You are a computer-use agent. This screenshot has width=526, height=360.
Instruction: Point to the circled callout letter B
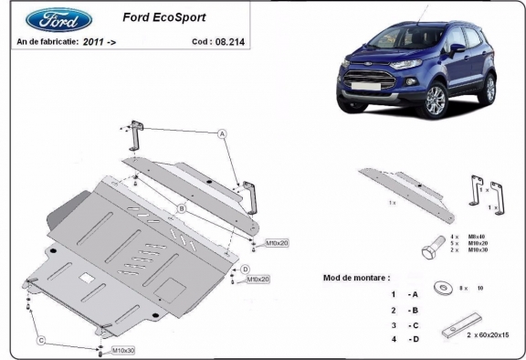pos(182,209)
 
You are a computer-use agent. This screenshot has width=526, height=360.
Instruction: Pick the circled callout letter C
pos(40,341)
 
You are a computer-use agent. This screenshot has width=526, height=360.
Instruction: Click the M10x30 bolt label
pos(123,350)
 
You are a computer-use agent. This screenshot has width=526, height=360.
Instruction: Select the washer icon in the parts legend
pos(443,288)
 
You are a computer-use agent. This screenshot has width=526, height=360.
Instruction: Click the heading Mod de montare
pos(357,276)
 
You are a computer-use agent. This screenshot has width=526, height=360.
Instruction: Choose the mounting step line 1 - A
pos(405,294)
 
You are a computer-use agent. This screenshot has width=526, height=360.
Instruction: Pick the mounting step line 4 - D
pos(405,339)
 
